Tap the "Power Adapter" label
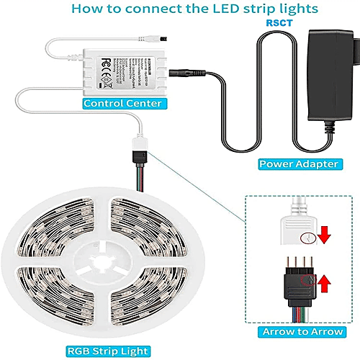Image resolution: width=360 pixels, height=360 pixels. (298, 164)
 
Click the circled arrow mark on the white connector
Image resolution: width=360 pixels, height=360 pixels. (307, 237)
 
